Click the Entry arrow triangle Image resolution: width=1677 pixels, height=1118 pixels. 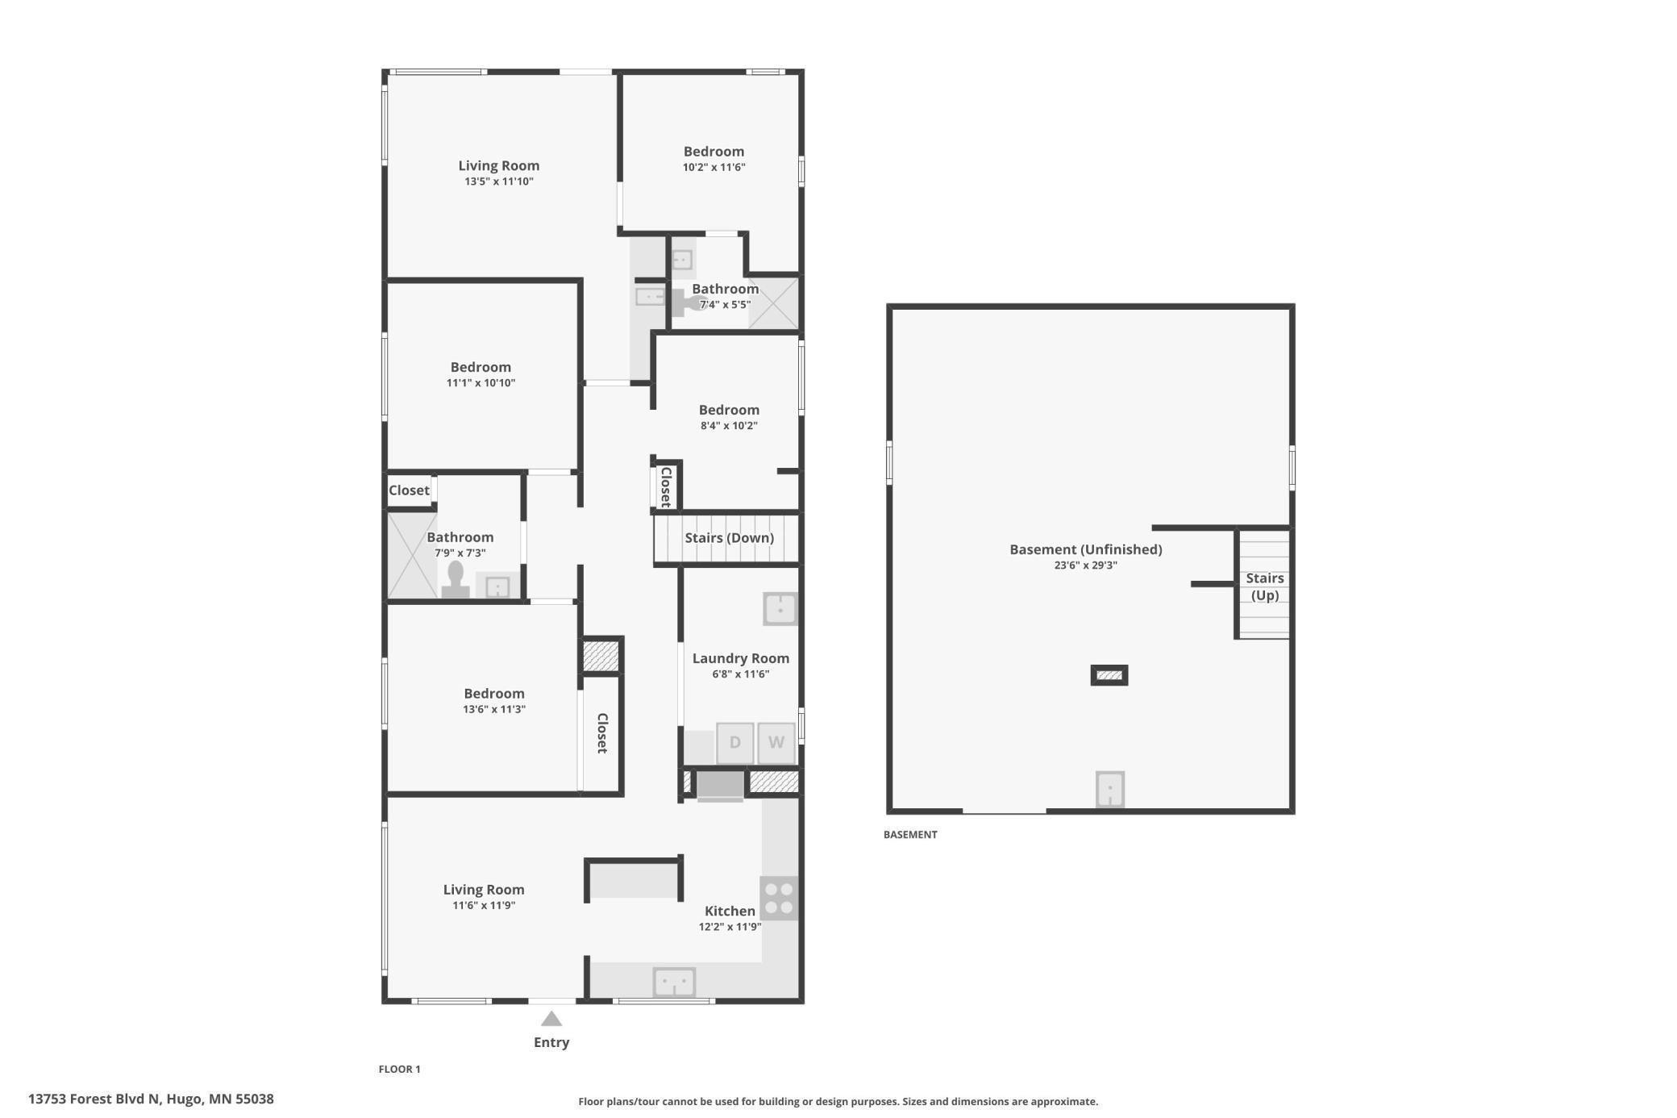551,1018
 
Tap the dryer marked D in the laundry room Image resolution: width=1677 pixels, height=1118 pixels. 734,743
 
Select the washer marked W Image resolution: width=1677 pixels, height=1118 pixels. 776,743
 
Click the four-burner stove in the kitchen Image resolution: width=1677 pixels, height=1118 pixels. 779,898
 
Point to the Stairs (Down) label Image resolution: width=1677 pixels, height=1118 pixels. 729,538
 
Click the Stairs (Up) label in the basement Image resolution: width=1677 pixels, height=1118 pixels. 1265,586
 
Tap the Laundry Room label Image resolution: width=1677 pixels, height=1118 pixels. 740,658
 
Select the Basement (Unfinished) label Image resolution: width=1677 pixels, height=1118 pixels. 1086,549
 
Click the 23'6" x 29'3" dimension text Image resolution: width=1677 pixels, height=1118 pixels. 1086,565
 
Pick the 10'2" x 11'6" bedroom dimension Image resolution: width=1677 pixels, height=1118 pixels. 714,168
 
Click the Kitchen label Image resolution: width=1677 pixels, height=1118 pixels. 730,911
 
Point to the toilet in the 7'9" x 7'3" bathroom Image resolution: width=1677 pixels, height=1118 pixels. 456,580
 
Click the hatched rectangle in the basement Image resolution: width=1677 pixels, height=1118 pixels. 1109,675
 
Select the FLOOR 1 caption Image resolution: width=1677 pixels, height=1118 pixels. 400,1070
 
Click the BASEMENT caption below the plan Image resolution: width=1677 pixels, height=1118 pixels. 910,835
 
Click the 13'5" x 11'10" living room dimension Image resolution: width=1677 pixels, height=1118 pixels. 499,181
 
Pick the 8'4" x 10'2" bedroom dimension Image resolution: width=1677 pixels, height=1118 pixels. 729,426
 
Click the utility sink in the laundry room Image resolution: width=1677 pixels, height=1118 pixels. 780,609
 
